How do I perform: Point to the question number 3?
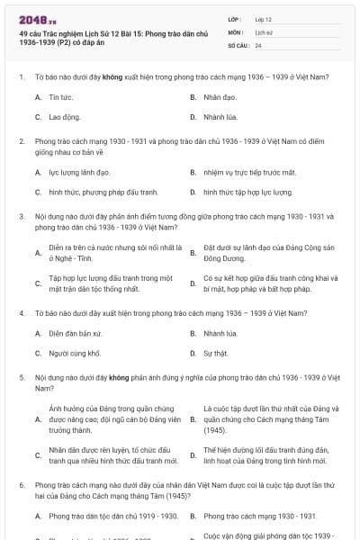(21, 217)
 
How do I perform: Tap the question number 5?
(21, 380)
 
